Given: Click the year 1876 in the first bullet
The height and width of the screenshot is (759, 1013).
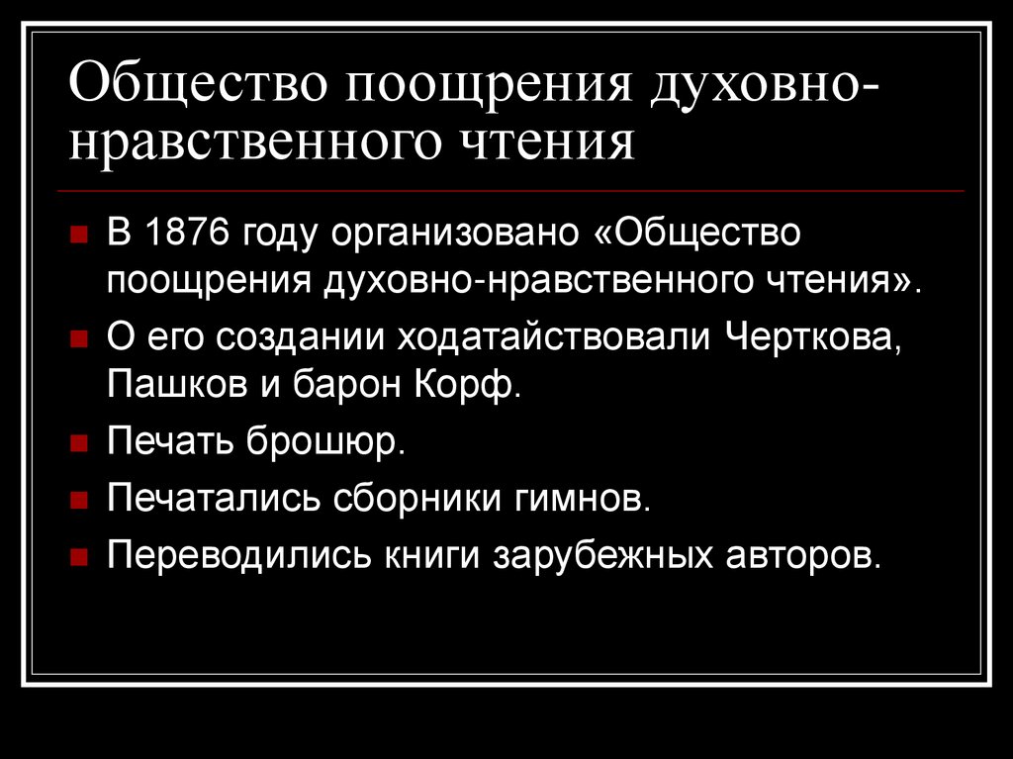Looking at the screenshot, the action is [x=188, y=232].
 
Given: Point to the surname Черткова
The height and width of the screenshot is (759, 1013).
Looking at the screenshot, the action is [x=813, y=337].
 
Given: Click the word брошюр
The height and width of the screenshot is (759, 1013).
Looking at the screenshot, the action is [x=325, y=441].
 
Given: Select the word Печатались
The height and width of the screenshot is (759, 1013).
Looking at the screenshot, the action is [x=214, y=498].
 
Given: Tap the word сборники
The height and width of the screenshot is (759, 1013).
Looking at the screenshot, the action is [x=417, y=498].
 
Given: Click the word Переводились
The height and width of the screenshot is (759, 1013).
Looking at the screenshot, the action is [x=239, y=555].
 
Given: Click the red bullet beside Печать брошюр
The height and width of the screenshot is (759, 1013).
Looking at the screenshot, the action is [x=79, y=443].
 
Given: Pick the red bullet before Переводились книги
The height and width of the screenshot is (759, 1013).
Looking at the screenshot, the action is [x=79, y=557].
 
